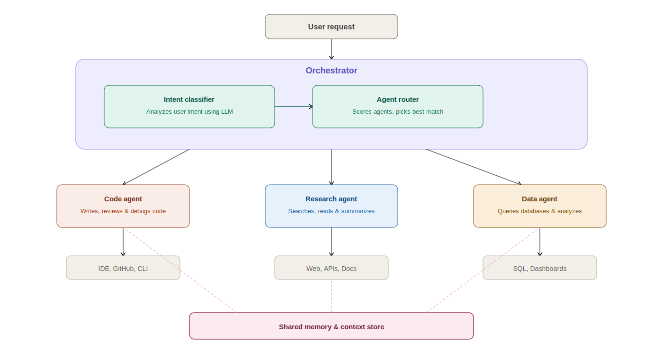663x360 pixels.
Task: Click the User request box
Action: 331,27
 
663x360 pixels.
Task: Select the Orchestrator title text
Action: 331,71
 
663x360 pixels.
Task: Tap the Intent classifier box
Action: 189,107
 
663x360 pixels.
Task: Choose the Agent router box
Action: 397,107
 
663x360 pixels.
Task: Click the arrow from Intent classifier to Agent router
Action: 294,107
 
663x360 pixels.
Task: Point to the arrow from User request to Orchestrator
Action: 331,49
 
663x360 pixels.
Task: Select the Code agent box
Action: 123,206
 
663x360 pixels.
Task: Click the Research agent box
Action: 331,206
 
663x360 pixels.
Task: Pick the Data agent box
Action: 539,206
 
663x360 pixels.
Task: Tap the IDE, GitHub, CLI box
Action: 123,268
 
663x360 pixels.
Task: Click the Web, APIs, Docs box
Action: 331,268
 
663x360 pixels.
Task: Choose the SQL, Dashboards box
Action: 539,268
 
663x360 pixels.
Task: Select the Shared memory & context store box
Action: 331,326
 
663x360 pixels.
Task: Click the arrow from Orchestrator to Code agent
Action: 156,167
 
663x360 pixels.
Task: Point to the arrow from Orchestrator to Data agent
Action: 474,167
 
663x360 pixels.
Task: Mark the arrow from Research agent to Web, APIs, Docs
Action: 331,242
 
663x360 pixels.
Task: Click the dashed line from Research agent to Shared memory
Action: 331,296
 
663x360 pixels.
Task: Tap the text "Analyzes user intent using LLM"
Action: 189,112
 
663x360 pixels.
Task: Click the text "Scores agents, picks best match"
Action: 398,112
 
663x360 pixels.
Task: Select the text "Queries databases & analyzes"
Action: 539,211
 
